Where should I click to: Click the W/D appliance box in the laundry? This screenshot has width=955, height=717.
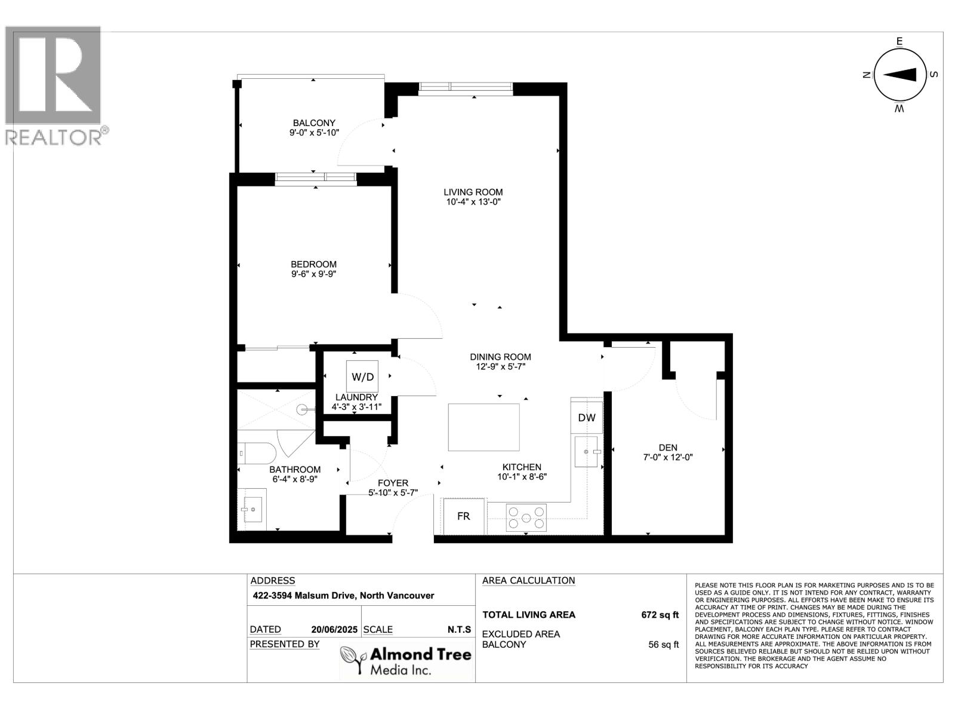362,376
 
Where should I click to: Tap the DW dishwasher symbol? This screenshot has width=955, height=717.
586,418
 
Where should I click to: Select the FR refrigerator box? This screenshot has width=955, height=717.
464,516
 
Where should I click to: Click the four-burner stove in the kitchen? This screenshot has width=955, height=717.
526,517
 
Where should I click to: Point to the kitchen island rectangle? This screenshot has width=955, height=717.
483,427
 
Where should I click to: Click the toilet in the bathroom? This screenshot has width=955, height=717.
255,454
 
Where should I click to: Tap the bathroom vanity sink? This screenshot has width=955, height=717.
253,509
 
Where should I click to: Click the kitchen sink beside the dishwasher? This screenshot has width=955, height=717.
586,452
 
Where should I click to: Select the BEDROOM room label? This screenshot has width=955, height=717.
313,264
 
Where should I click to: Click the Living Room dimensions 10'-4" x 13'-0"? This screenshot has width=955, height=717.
473,202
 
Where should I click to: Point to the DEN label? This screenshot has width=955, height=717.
668,448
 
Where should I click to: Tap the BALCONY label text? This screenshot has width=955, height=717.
314,123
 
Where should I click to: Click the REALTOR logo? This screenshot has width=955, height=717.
54,84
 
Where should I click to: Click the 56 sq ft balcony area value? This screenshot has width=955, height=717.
663,645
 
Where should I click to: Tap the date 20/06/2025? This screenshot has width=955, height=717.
334,630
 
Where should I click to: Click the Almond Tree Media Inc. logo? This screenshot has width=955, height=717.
406,659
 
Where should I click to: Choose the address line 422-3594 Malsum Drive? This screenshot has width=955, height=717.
342,596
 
